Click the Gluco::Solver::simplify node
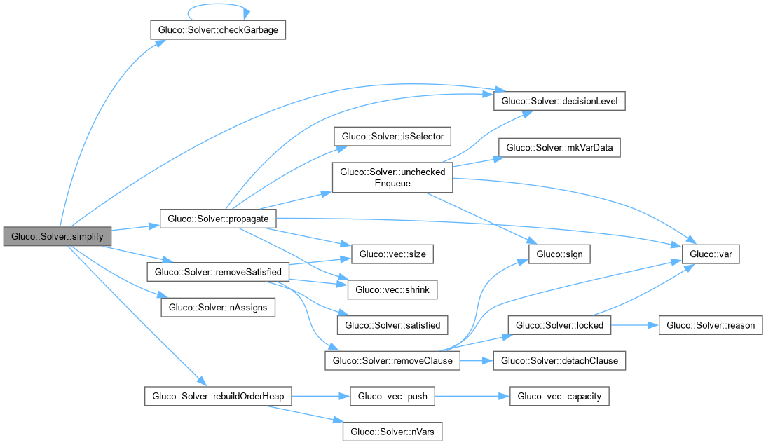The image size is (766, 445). tap(57, 236)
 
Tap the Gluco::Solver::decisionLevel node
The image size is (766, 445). tap(559, 101)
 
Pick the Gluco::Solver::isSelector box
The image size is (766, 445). tap(392, 136)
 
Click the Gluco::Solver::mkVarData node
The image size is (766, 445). tap(559, 148)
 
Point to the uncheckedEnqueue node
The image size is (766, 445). tap(392, 177)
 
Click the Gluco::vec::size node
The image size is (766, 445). tap(392, 254)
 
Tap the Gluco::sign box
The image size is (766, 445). tap(559, 254)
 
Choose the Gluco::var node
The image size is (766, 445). tap(711, 254)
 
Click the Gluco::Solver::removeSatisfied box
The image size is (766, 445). tap(218, 271)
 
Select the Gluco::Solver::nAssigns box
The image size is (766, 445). tap(218, 307)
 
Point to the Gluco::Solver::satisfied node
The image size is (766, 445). tap(392, 324)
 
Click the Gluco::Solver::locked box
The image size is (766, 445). tap(559, 325)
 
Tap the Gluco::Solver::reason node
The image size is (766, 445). tap(711, 325)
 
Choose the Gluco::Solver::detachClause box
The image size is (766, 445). tap(559, 361)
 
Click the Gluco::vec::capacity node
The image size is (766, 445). tap(559, 397)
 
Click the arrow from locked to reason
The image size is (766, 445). tap(635, 325)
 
